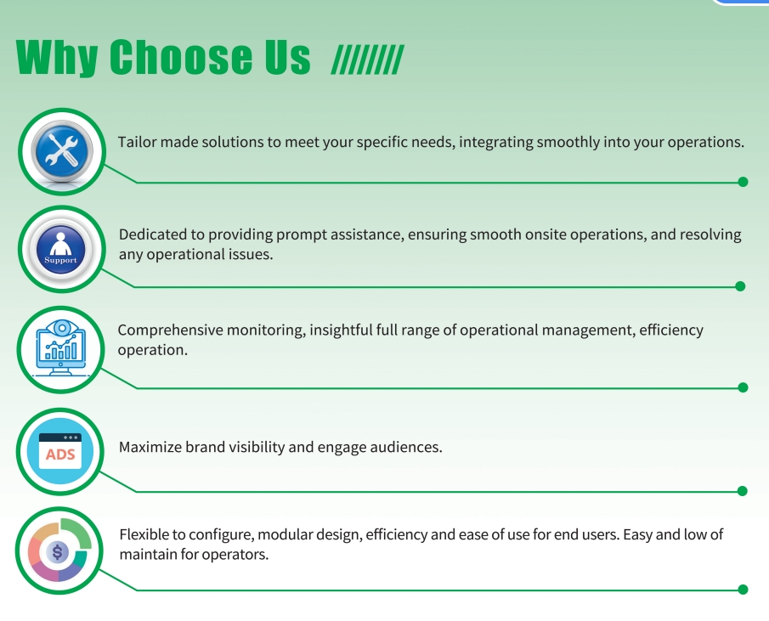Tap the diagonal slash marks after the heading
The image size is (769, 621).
click(368, 59)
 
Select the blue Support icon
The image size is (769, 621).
click(61, 249)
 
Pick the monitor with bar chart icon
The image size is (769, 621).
click(61, 348)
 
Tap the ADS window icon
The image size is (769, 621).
click(60, 451)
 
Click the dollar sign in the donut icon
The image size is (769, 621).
click(58, 552)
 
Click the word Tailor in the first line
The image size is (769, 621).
click(138, 142)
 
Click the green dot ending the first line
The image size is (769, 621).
click(743, 182)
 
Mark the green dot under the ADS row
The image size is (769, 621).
click(743, 491)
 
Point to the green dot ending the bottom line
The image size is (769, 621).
click(743, 589)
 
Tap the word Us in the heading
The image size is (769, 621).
click(287, 57)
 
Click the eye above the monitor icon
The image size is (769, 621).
click(61, 327)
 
